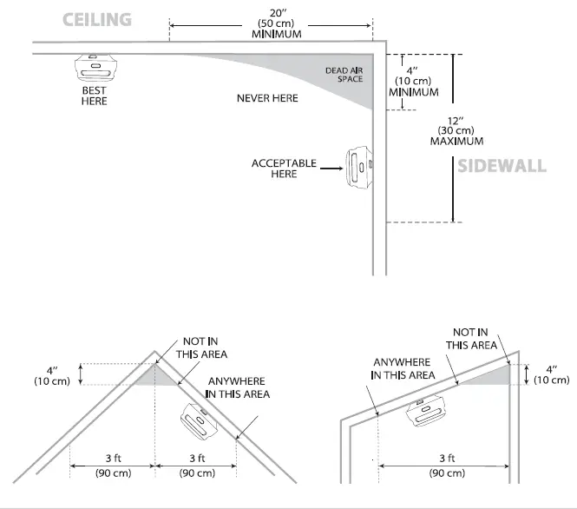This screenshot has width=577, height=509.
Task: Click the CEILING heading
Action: point(97,19)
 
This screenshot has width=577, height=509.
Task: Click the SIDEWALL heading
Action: point(502,165)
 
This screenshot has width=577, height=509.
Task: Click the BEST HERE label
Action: point(95,96)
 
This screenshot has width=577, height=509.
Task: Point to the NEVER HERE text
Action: point(267,98)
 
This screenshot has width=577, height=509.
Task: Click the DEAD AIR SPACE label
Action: point(344,74)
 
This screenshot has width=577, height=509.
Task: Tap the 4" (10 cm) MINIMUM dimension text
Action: point(413,80)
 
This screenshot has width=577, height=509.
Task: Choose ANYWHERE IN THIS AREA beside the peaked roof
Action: point(237,387)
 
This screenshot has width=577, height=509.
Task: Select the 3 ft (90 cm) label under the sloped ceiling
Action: point(445,466)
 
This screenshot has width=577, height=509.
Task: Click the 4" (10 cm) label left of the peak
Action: point(53,375)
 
